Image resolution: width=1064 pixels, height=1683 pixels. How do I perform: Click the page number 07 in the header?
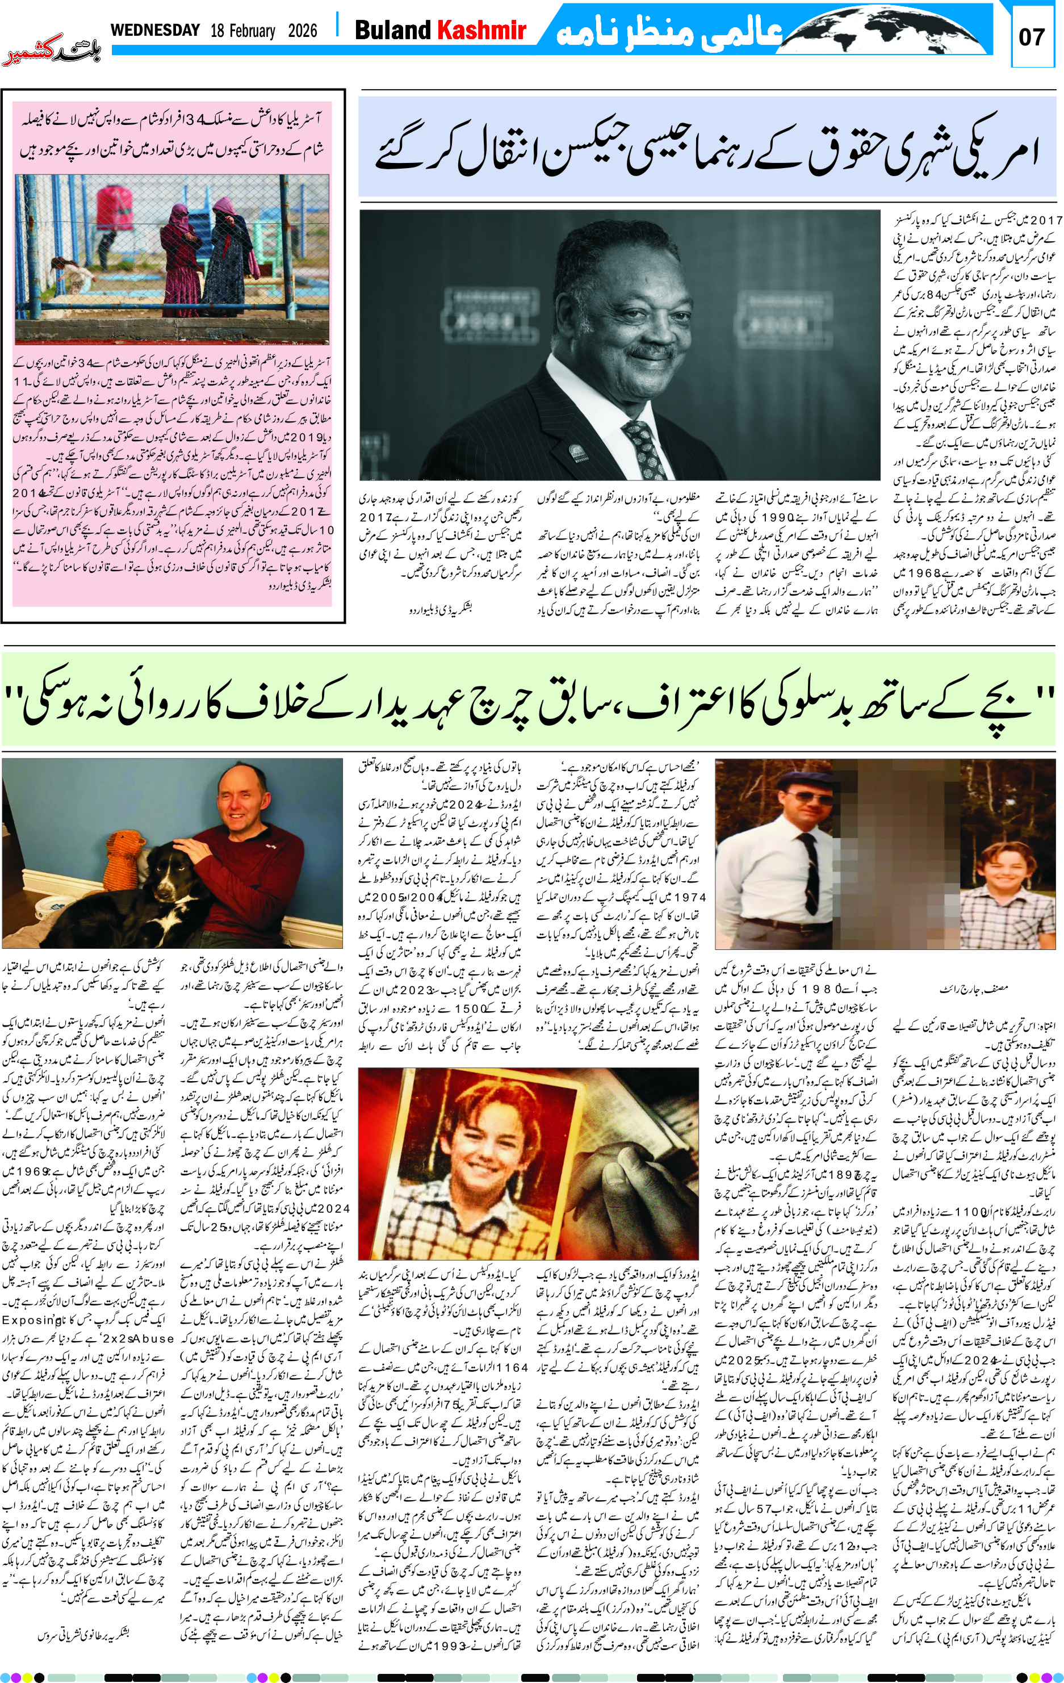[1032, 37]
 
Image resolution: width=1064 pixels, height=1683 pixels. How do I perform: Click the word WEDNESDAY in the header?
[155, 30]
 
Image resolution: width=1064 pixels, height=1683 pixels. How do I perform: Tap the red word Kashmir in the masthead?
[481, 30]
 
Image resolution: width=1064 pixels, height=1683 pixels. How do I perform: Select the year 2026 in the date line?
[302, 31]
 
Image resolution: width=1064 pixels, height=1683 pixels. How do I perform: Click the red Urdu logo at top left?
[52, 54]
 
